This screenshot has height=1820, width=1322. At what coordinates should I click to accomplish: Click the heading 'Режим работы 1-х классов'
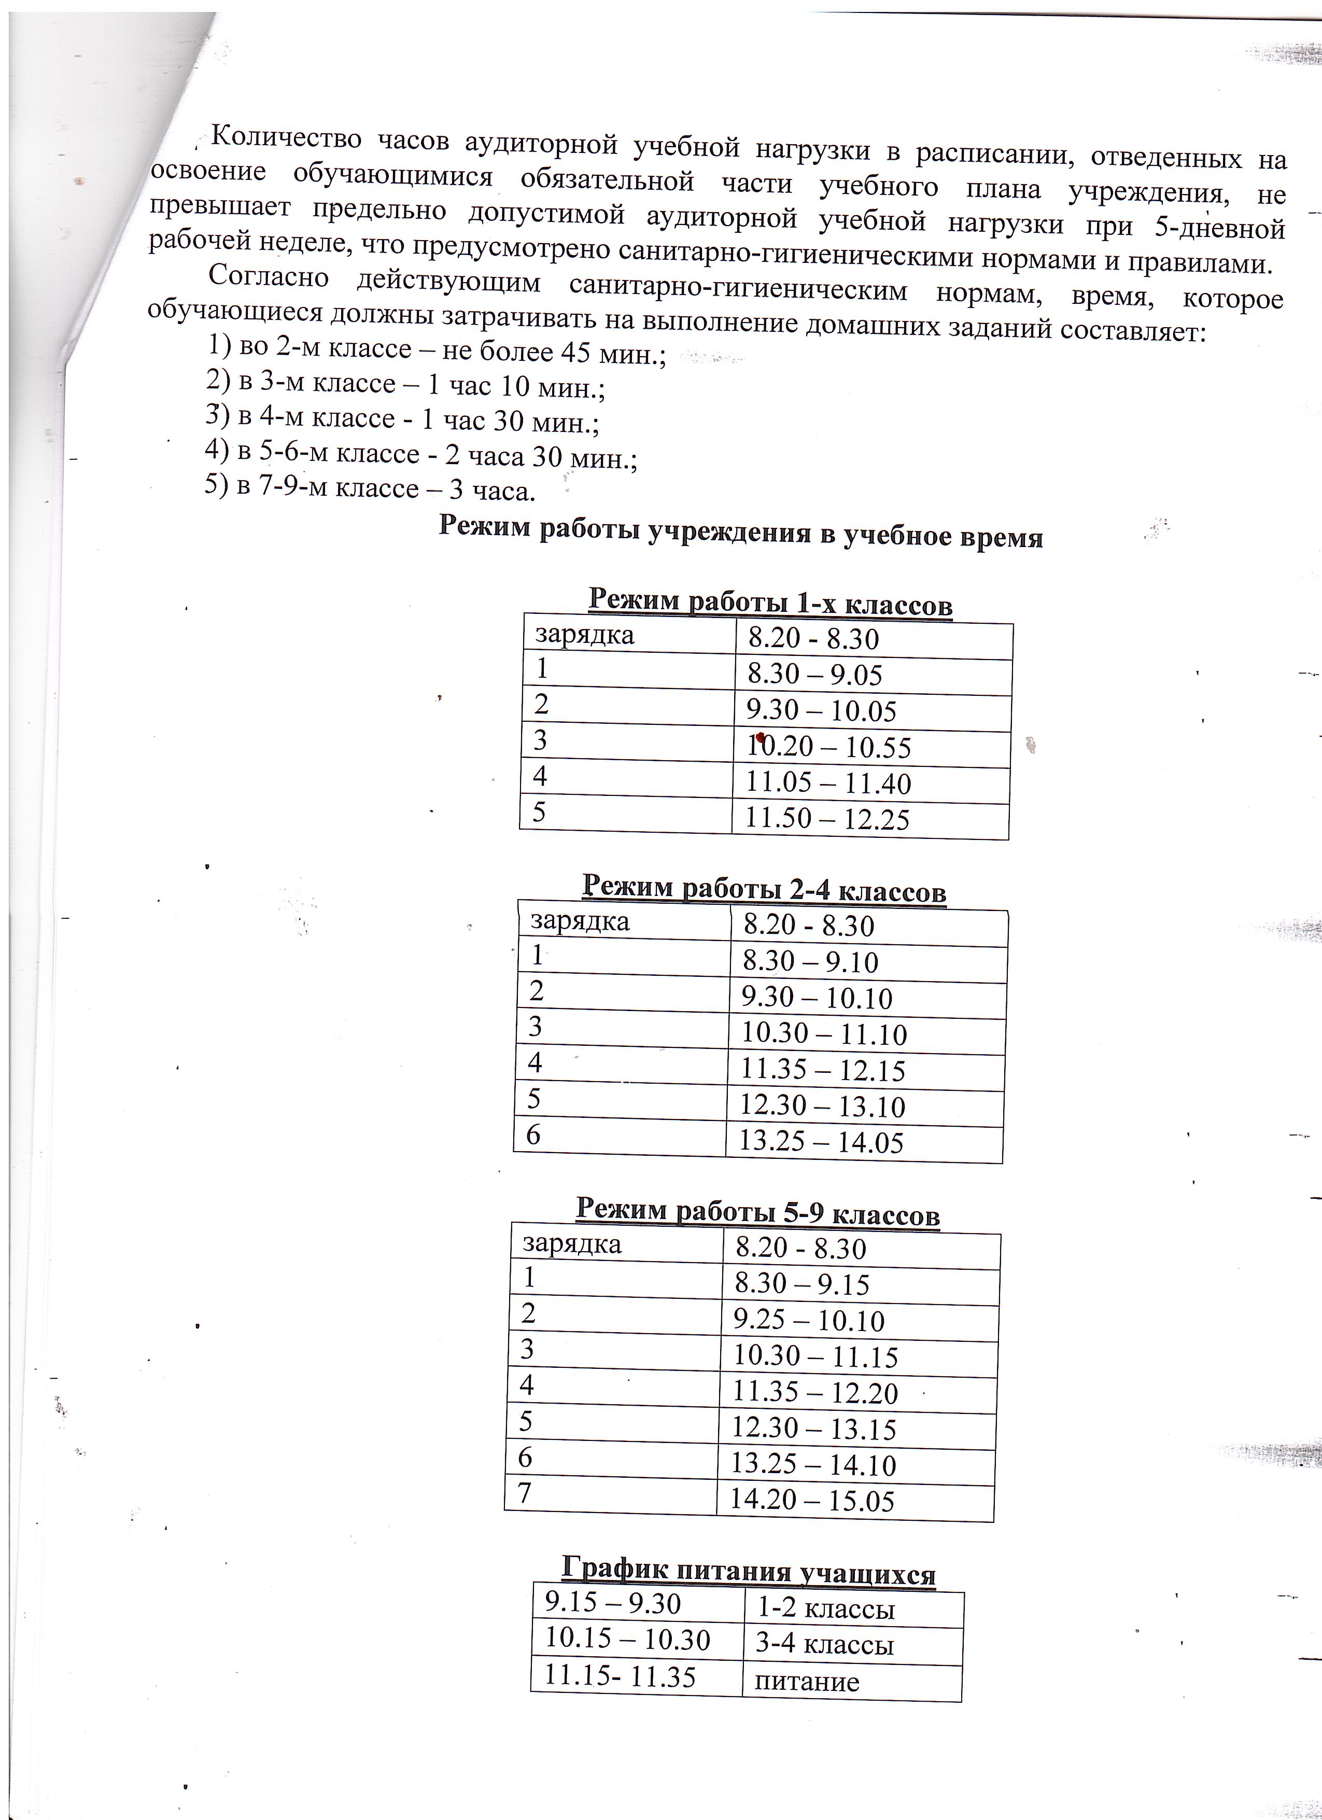770,603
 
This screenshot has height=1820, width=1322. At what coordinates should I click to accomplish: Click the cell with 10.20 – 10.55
828,748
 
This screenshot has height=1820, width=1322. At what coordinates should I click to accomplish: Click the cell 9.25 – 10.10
809,1321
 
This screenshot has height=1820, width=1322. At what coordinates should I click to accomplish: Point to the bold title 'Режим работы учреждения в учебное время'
740,532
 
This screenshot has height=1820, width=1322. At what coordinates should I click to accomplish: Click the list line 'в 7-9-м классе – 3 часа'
371,488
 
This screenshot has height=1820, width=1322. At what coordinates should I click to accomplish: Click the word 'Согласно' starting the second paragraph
269,277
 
